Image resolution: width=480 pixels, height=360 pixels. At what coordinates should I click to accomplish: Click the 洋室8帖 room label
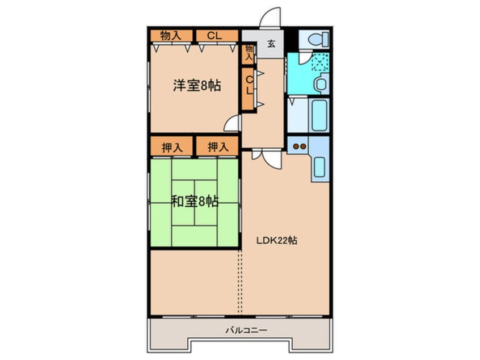pyautogui.click(x=196, y=86)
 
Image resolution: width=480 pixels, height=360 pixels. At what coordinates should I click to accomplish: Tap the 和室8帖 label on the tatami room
pyautogui.click(x=195, y=201)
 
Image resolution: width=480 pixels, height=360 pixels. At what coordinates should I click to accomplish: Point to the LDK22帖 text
pyautogui.click(x=275, y=240)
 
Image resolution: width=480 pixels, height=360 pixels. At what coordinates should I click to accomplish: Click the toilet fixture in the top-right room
pyautogui.click(x=314, y=39)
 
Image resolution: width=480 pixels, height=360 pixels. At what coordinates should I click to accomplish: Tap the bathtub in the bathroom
pyautogui.click(x=319, y=115)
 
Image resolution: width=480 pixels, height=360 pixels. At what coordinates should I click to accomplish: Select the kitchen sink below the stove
pyautogui.click(x=319, y=168)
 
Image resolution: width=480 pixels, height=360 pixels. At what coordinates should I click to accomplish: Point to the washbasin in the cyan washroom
pyautogui.click(x=321, y=85)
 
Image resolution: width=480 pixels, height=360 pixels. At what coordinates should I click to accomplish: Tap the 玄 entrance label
pyautogui.click(x=271, y=44)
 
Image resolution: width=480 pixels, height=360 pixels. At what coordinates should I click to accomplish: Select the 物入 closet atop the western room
pyautogui.click(x=171, y=35)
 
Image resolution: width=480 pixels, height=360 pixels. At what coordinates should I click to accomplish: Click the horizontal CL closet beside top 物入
pyautogui.click(x=214, y=35)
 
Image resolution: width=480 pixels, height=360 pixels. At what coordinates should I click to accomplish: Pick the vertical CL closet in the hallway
pyautogui.click(x=249, y=88)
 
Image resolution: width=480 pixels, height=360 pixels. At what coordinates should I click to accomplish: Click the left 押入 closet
pyautogui.click(x=172, y=147)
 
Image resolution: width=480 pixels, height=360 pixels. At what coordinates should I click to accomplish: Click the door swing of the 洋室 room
pyautogui.click(x=233, y=123)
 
